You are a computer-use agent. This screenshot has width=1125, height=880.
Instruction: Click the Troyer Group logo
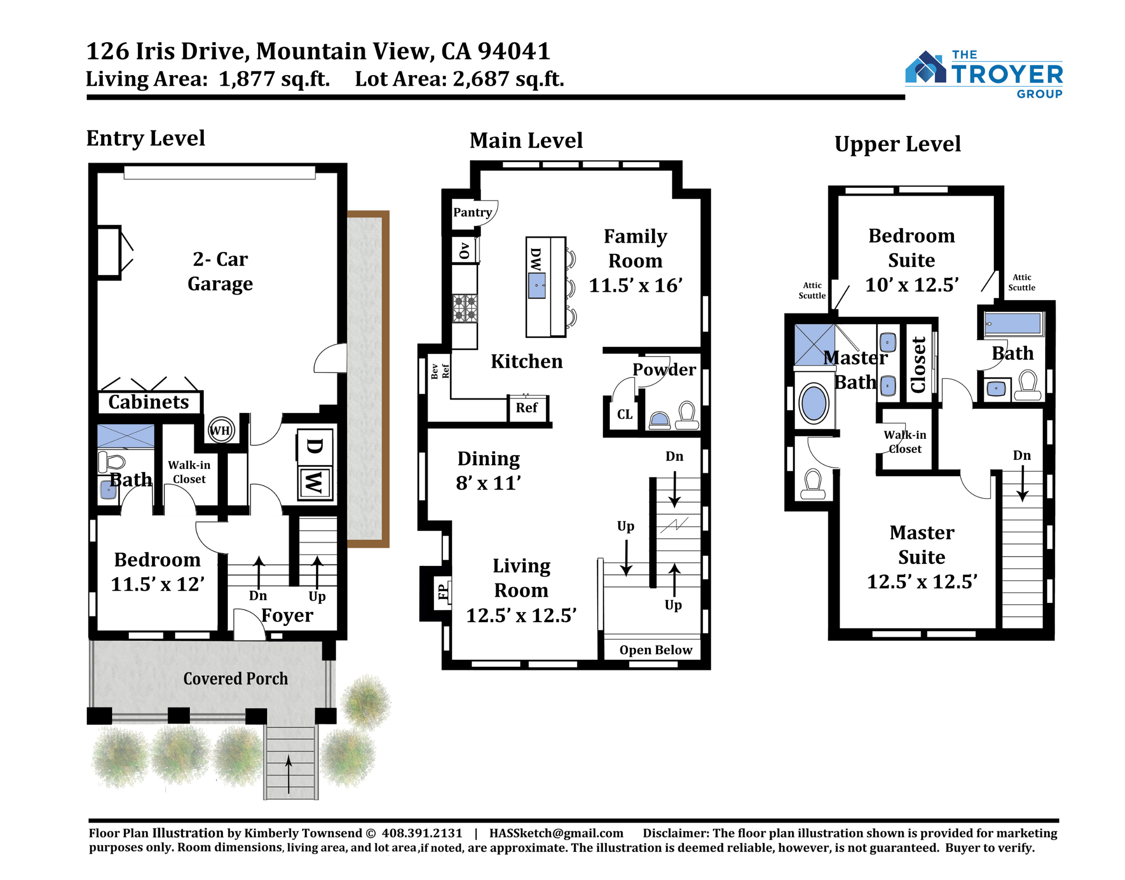pyautogui.click(x=983, y=74)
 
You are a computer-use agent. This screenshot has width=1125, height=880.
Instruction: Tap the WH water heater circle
pyautogui.click(x=220, y=430)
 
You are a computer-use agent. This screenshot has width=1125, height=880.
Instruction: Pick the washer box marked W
pyautogui.click(x=315, y=482)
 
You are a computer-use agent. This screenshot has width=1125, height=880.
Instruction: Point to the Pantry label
pyautogui.click(x=472, y=212)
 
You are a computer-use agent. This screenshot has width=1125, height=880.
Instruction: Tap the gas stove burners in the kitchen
pyautogui.click(x=465, y=308)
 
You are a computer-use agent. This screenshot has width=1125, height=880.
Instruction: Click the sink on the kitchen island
pyautogui.click(x=537, y=286)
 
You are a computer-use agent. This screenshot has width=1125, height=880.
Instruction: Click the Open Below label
pyautogui.click(x=656, y=650)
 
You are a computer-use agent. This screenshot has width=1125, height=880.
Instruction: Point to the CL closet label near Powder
pyautogui.click(x=625, y=414)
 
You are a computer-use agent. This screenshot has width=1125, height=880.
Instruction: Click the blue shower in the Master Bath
pyautogui.click(x=814, y=345)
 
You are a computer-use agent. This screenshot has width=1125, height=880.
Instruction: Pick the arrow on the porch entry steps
pyautogui.click(x=288, y=774)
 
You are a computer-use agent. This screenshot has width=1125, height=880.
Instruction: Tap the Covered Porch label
pyautogui.click(x=235, y=678)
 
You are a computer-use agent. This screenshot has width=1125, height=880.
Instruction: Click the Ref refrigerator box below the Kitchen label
pyautogui.click(x=527, y=408)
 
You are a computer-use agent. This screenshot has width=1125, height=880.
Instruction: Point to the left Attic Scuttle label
pyautogui.click(x=812, y=290)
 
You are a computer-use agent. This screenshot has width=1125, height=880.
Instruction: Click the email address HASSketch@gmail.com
pyautogui.click(x=556, y=833)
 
